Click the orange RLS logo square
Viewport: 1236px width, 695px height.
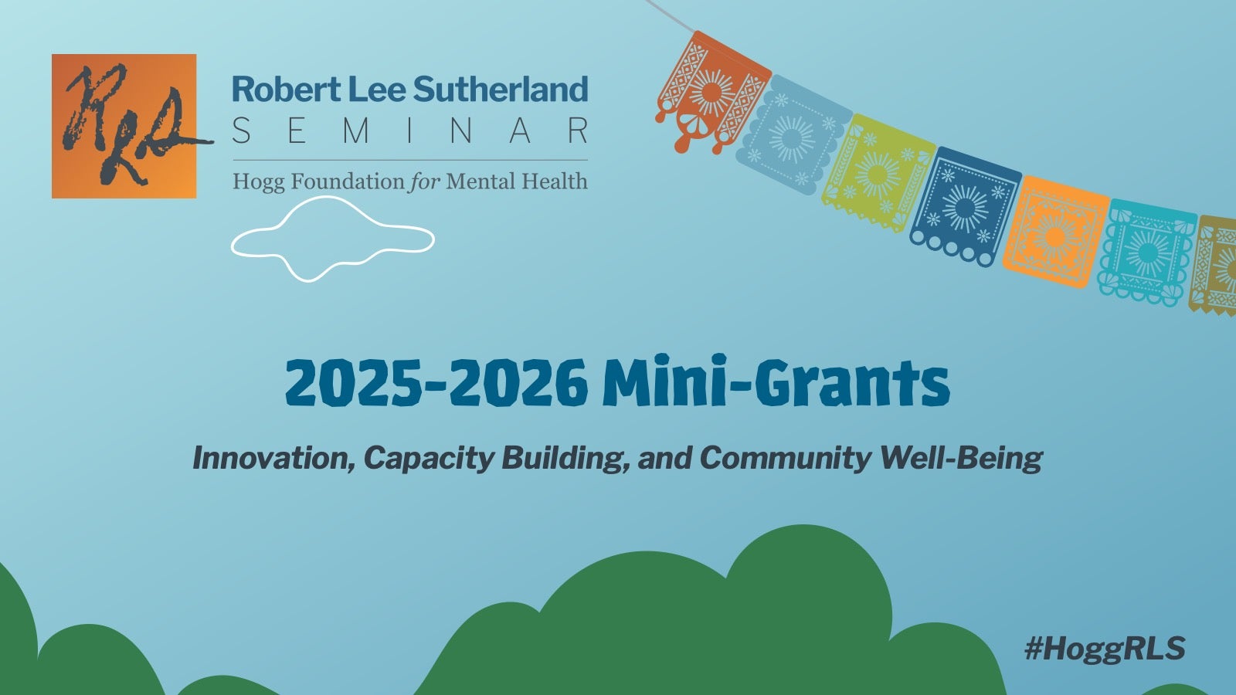pyautogui.click(x=124, y=126)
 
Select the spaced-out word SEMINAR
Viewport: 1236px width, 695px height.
pyautogui.click(x=409, y=131)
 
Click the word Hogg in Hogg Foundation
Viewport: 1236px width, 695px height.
pyautogui.click(x=259, y=182)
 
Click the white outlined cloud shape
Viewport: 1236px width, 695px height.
pyautogui.click(x=332, y=238)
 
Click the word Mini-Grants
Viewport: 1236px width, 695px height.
pyautogui.click(x=776, y=383)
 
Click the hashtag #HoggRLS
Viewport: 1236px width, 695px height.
pyautogui.click(x=1105, y=649)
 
